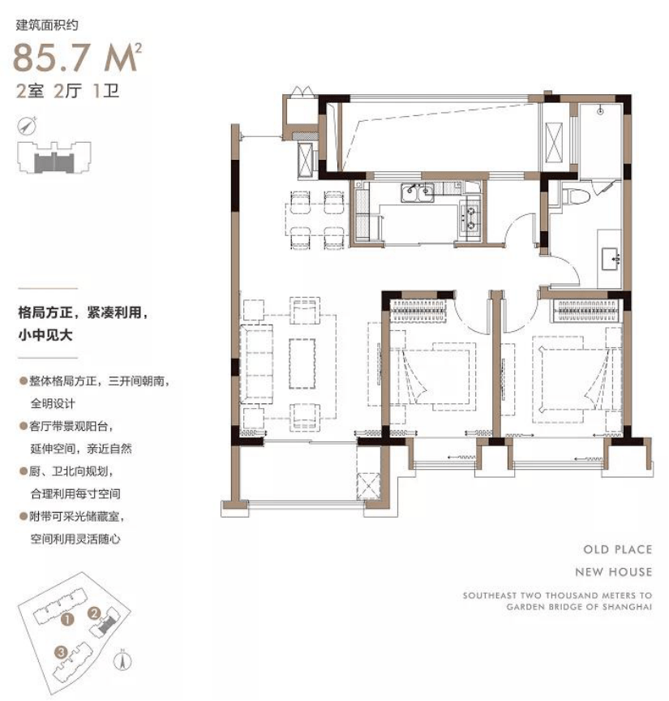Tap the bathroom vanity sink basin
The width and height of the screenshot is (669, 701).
pyautogui.click(x=611, y=260)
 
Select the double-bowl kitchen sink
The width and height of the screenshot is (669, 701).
pyautogui.click(x=418, y=193)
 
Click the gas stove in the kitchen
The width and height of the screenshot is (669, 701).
pyautogui.click(x=470, y=216)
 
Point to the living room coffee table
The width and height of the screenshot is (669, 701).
pyautogui.click(x=302, y=363)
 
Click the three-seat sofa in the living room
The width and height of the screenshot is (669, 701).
pyautogui.click(x=256, y=364)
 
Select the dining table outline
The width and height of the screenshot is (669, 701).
pyautogui.click(x=317, y=220)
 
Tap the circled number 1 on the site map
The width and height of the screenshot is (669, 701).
pyautogui.click(x=67, y=620)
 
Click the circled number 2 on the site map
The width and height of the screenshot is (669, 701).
pyautogui.click(x=94, y=613)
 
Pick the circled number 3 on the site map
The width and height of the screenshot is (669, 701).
pyautogui.click(x=62, y=652)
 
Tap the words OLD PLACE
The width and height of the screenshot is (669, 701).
pyautogui.click(x=618, y=549)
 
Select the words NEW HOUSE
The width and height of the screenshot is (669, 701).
pyautogui.click(x=614, y=572)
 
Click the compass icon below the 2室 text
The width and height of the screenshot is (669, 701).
pyautogui.click(x=27, y=126)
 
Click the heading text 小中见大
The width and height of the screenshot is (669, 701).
pyautogui.click(x=45, y=334)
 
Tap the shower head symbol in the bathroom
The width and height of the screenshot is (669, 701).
pyautogui.click(x=600, y=111)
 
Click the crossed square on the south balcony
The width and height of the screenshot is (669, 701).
pyautogui.click(x=368, y=486)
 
